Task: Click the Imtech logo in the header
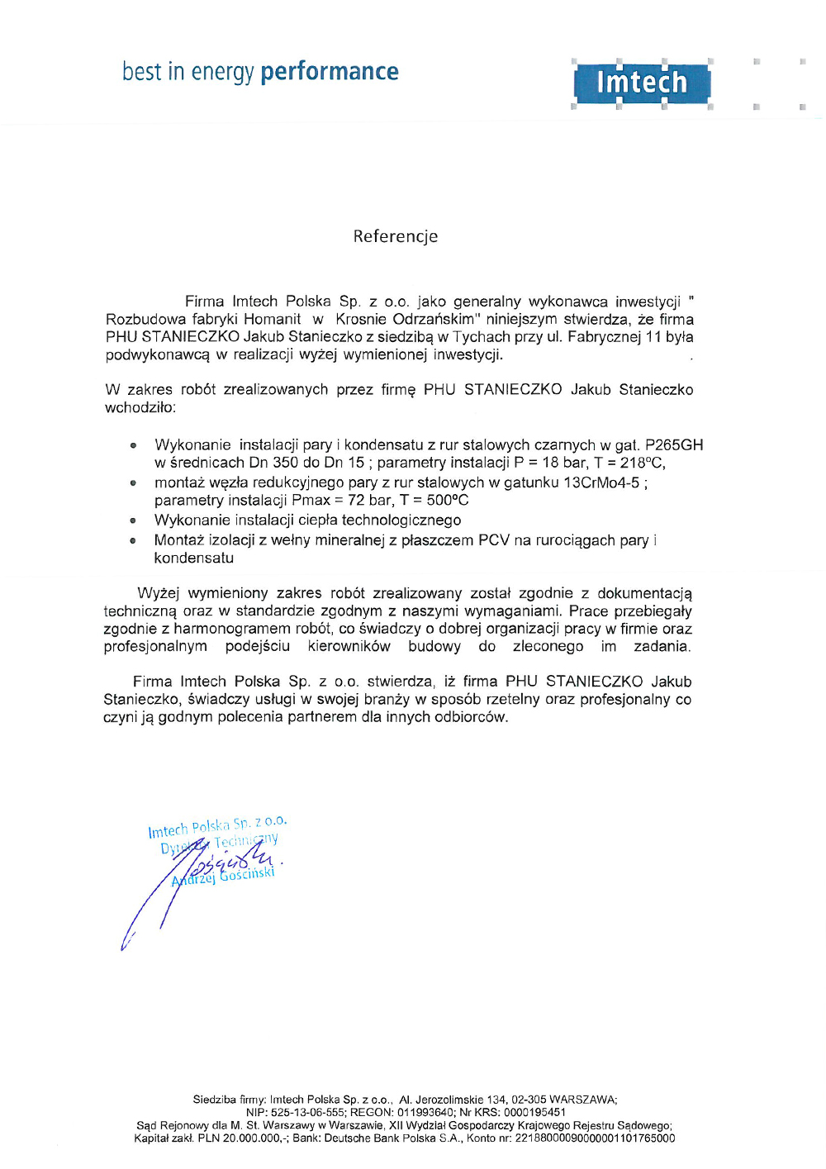pyautogui.click(x=641, y=83)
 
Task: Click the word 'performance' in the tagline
pyautogui.click(x=330, y=72)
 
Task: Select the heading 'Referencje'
pyautogui.click(x=396, y=236)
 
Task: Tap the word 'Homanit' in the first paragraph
pyautogui.click(x=273, y=319)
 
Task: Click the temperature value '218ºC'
pyautogui.click(x=643, y=463)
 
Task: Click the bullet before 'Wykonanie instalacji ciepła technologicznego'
pyautogui.click(x=133, y=521)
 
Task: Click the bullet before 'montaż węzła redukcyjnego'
pyautogui.click(x=133, y=483)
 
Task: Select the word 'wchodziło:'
pyautogui.click(x=140, y=407)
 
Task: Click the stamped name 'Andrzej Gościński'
pyautogui.click(x=223, y=877)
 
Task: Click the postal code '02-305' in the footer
pyautogui.click(x=529, y=1100)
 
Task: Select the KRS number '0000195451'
pyautogui.click(x=534, y=1112)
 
